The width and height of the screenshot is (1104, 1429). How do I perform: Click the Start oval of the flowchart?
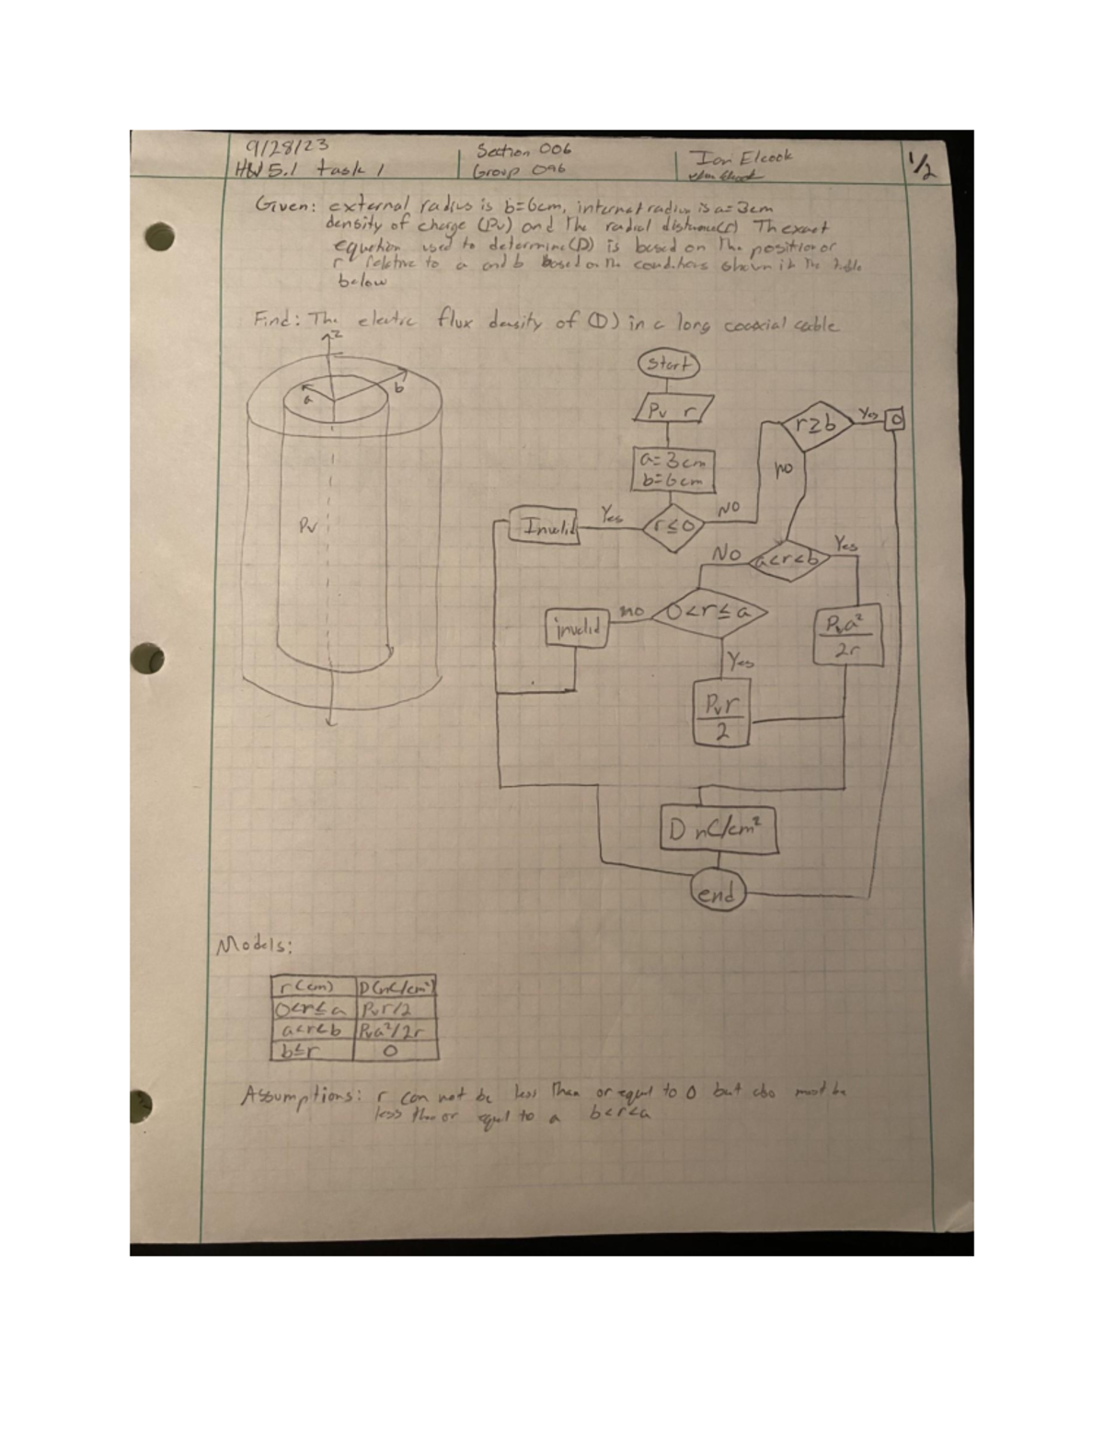coord(668,363)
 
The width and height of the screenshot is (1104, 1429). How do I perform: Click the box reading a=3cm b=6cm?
coord(674,469)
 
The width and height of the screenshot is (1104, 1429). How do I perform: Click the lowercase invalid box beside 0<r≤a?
coord(577,629)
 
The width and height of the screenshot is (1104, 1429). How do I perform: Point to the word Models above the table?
coord(254,947)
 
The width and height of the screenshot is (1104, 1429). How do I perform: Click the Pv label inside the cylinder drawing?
coord(306,527)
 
